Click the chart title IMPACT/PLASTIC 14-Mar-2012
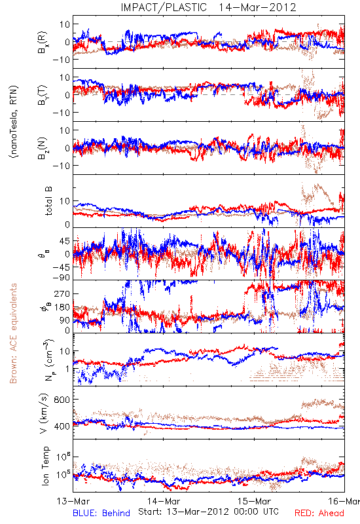click(208, 7)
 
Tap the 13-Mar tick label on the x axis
click(73, 502)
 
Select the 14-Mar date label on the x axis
click(164, 502)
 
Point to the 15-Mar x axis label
click(254, 502)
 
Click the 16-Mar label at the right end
click(344, 502)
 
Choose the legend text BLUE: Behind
click(101, 514)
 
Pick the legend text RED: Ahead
click(319, 514)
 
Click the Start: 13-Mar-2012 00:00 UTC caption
click(208, 512)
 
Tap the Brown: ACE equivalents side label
click(13, 333)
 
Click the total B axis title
click(48, 201)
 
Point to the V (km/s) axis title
click(45, 413)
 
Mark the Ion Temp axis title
click(45, 466)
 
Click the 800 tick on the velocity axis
click(62, 400)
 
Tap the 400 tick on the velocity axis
click(62, 426)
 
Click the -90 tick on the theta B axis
click(61, 277)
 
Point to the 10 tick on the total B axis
click(65, 201)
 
